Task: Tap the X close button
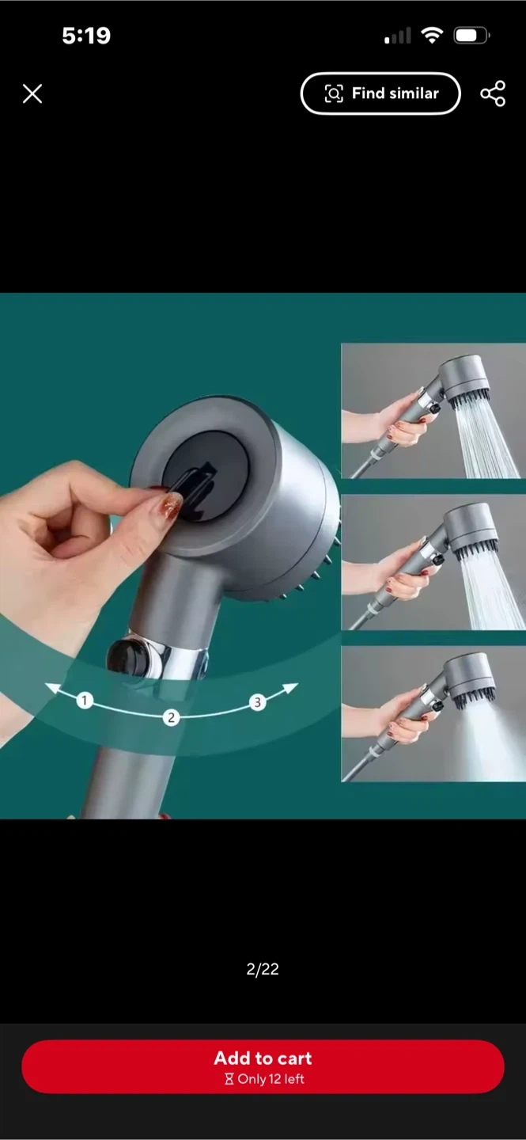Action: (32, 93)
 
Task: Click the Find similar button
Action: (380, 93)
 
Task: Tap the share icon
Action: (493, 93)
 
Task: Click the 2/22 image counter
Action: (263, 969)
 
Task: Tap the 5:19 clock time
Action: (86, 36)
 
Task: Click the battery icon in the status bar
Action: (471, 36)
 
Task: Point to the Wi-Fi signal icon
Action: (432, 35)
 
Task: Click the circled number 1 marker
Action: (85, 701)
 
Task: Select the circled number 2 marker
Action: (171, 717)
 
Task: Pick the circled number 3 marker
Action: (257, 702)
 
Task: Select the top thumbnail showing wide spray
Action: (433, 411)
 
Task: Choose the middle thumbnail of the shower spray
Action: (433, 562)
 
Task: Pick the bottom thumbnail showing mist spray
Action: (433, 714)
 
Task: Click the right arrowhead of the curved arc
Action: (291, 687)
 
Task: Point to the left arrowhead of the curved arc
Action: (52, 688)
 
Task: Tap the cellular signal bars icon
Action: (397, 36)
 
